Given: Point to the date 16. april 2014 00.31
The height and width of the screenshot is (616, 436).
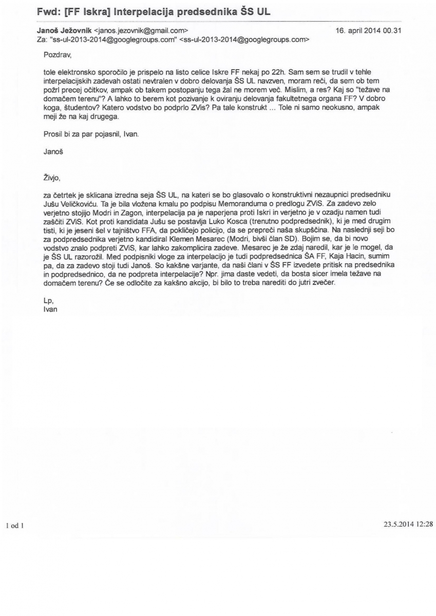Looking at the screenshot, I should point(368,30).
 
